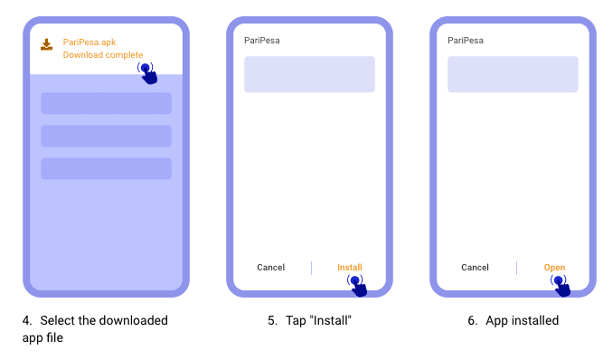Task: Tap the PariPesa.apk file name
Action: (90, 42)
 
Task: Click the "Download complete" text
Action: (102, 55)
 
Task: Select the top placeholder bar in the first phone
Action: (106, 103)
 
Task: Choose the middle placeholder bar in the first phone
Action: (106, 136)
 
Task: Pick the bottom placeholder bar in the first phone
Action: (106, 168)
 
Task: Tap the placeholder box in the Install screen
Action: (309, 74)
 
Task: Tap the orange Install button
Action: (350, 268)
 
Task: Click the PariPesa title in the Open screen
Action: (466, 40)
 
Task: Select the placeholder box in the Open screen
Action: (513, 74)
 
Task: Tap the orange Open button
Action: (554, 268)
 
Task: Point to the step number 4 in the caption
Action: (27, 320)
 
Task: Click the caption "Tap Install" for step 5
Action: (309, 320)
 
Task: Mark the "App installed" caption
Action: (522, 320)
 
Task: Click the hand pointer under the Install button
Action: (357, 285)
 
